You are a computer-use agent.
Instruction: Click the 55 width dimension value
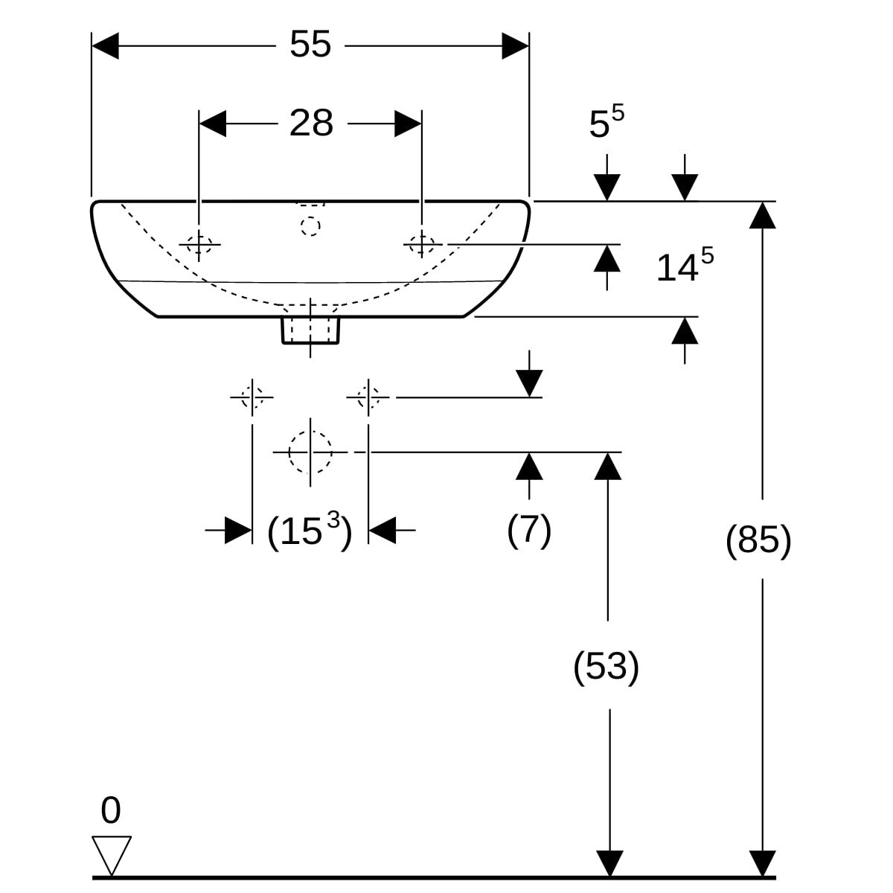pyautogui.click(x=310, y=45)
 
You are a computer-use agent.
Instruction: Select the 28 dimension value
pyautogui.click(x=311, y=124)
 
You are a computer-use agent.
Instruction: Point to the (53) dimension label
pyautogui.click(x=606, y=666)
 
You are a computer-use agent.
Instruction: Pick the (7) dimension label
pyautogui.click(x=529, y=530)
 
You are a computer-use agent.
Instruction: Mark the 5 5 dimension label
pyautogui.click(x=606, y=123)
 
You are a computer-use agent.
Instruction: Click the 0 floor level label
pyautogui.click(x=110, y=810)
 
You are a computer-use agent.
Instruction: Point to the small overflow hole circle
pyautogui.click(x=310, y=225)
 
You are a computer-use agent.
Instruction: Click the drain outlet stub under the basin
pyautogui.click(x=310, y=330)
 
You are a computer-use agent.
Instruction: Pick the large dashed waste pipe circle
pyautogui.click(x=310, y=452)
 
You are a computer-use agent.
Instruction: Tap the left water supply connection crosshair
pyautogui.click(x=252, y=397)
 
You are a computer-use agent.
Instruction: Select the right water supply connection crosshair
pyautogui.click(x=368, y=397)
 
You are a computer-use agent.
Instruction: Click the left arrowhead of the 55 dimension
pyautogui.click(x=105, y=46)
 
